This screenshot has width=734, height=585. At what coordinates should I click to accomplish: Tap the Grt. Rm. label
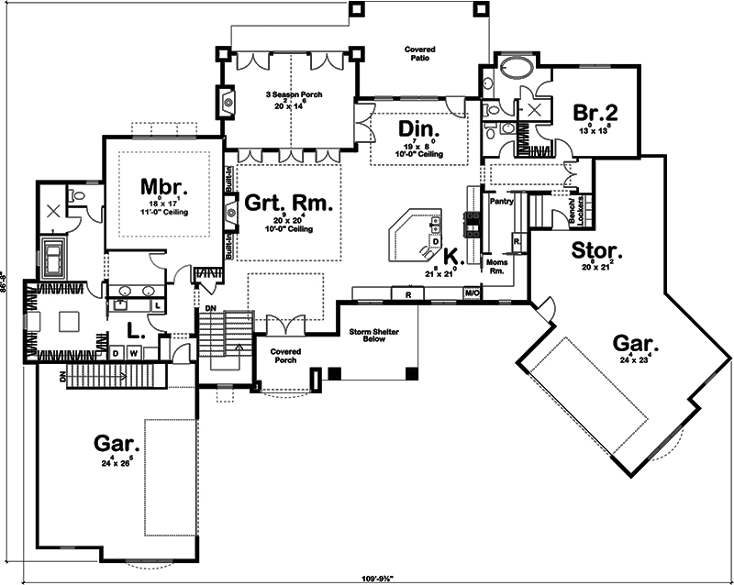pyautogui.click(x=287, y=203)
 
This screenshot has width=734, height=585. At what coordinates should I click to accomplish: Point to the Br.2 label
pyautogui.click(x=595, y=113)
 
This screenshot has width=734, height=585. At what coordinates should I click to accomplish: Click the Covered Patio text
pyautogui.click(x=421, y=53)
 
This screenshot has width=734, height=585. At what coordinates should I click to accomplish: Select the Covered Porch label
pyautogui.click(x=285, y=355)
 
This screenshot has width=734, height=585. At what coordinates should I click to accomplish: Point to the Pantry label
pyautogui.click(x=501, y=200)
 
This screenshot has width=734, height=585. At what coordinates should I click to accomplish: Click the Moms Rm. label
pyautogui.click(x=496, y=267)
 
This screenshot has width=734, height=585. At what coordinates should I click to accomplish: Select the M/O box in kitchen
pyautogui.click(x=472, y=292)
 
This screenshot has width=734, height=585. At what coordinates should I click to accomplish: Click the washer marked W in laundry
pyautogui.click(x=134, y=351)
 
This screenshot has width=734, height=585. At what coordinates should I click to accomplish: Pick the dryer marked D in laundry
pyautogui.click(x=117, y=351)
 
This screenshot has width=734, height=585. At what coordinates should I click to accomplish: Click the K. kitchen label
pyautogui.click(x=450, y=256)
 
